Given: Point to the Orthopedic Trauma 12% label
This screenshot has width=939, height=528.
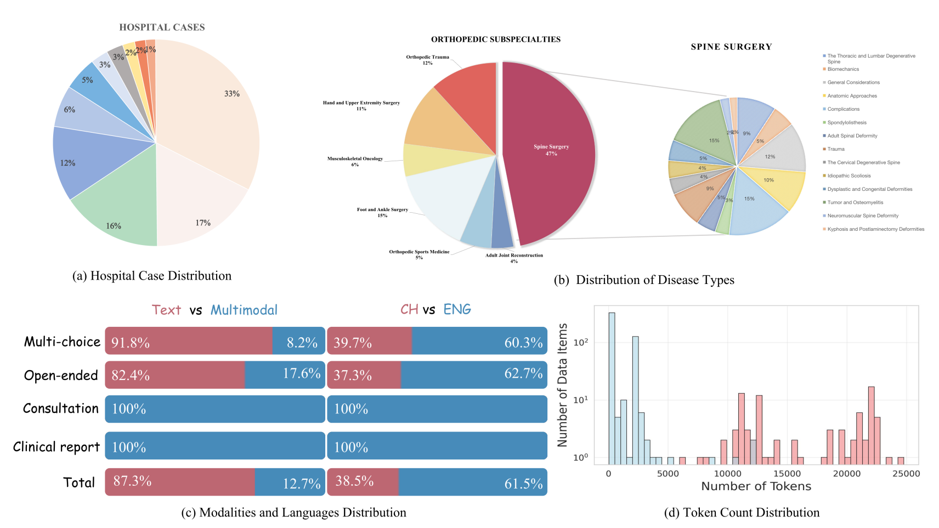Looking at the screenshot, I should coord(427,60).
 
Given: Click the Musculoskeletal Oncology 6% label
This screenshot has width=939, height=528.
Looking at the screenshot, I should coord(355,161).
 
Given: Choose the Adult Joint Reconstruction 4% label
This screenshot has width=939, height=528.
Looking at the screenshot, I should coord(514,258).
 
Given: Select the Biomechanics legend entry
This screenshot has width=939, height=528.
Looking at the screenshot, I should coord(843,69).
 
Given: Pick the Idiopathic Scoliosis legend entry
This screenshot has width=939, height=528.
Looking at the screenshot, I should coord(849,175).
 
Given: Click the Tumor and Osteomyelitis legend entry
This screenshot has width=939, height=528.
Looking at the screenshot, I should coord(855,202).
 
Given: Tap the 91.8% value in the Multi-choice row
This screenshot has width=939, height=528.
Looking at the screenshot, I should coord(131,343).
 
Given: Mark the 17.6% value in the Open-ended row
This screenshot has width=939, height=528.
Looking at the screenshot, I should coord(302,373).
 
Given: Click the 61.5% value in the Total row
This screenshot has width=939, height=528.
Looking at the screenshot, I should coord(523,484).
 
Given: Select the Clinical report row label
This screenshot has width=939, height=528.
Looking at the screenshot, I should coord(56,447).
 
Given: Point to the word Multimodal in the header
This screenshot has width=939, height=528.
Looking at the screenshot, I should coord(244,310).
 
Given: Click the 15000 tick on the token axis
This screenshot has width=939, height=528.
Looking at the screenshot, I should coord(787,474).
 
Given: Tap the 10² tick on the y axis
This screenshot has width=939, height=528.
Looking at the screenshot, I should coord(581,342).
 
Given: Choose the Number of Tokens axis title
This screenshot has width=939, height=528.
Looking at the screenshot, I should coord(756,486).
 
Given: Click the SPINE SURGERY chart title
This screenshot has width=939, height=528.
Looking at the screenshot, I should coord(731,47).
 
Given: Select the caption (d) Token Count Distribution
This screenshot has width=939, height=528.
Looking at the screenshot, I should coord(742,513).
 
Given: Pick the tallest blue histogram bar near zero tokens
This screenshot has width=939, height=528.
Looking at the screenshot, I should coord(612,384).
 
